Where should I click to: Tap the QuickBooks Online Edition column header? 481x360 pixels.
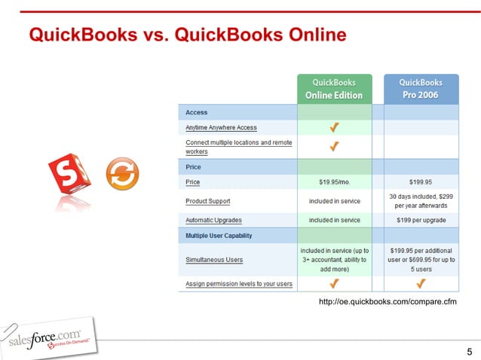click(x=334, y=89)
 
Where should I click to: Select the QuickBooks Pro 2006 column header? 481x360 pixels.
click(x=420, y=89)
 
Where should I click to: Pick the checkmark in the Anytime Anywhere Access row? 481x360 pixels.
click(x=334, y=127)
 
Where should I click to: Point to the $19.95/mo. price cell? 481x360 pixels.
click(x=334, y=182)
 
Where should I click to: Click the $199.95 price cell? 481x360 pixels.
click(x=420, y=182)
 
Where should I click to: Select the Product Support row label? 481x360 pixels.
click(x=208, y=201)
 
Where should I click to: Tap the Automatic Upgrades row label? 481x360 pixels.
click(x=213, y=220)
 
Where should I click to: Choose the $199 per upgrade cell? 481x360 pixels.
click(x=420, y=220)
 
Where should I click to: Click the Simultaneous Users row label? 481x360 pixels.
click(x=214, y=259)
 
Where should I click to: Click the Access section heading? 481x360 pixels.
click(x=197, y=112)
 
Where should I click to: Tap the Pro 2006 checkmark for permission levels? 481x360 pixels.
click(x=420, y=283)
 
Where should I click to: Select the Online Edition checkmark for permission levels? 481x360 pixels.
click(x=334, y=283)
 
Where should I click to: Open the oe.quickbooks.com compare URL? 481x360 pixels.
click(x=388, y=302)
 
